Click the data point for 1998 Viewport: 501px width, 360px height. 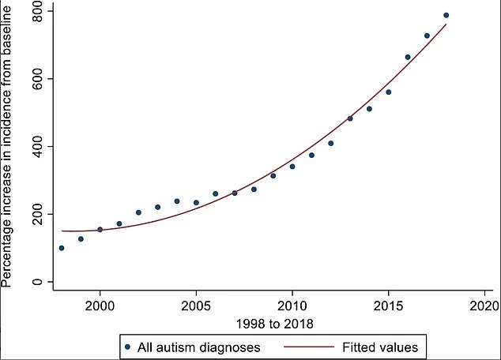pos(62,248)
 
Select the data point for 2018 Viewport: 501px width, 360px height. pos(446,15)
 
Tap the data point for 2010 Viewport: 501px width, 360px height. pos(292,167)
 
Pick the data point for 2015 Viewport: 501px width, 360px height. pos(388,92)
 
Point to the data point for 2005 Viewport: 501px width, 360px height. pos(196,203)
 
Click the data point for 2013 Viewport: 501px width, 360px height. pos(350,118)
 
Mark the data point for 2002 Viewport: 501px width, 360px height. pos(138,212)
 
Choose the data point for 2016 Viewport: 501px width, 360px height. pos(408,57)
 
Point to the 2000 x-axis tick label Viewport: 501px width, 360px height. pos(100,305)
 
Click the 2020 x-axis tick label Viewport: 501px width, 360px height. pos(484,305)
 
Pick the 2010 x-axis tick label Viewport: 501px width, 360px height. pos(292,305)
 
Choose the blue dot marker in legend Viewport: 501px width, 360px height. pos(128,345)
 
